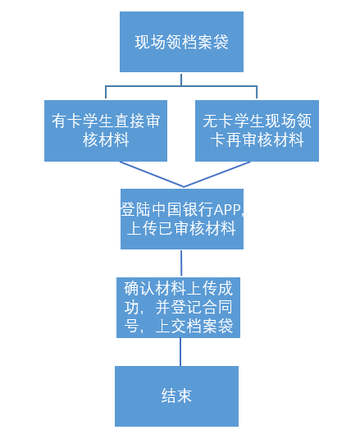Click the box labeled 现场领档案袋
pos(181,42)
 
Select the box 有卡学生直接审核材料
pos(106,130)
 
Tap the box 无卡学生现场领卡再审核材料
pos(257,130)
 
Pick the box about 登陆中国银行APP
pos(182,219)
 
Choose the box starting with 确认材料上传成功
pos(178,308)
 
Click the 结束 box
pos(176,396)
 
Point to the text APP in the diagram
pos(228,210)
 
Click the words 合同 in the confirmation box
pos(217,307)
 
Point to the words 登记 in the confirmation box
pos(186,307)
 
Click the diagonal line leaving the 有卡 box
pos(152,174)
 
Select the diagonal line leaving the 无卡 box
pos(216,174)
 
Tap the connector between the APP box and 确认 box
pos(181,263)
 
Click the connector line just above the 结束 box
pos(180,352)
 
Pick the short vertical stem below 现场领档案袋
pos(181,80)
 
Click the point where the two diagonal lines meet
pos(184,187)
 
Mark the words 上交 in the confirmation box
pos(171,326)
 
